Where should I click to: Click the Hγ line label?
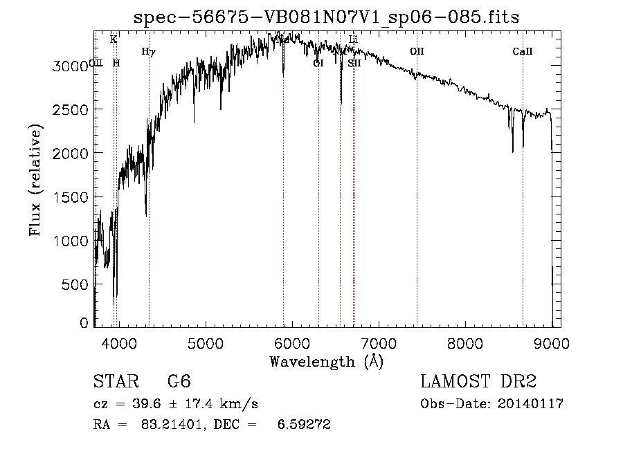147,51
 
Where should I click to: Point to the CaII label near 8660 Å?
523,51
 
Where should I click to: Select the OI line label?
318,63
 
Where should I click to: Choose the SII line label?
354,63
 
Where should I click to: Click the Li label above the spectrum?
353,39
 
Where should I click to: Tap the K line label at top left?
114,39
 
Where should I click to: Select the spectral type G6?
179,382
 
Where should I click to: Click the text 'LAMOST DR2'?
478,382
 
